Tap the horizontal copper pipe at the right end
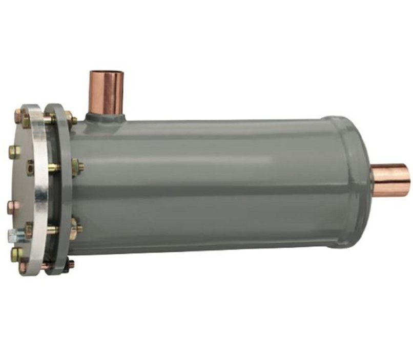(x=392, y=180)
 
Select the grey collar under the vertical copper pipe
(x=105, y=117)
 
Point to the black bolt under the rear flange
(x=70, y=264)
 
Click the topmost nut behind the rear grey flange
(x=72, y=121)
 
